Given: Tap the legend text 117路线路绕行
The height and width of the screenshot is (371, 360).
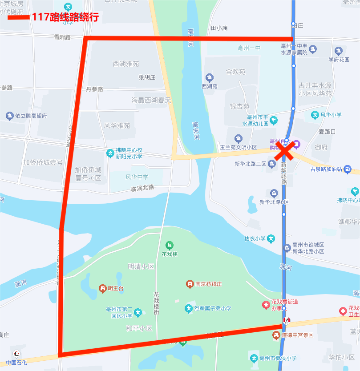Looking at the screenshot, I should pyautogui.click(x=65, y=18).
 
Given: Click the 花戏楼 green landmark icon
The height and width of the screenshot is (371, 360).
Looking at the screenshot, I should pyautogui.click(x=169, y=245).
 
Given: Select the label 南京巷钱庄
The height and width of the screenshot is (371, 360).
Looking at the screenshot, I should pyautogui.click(x=208, y=284).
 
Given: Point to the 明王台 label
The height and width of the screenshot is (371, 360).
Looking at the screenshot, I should pyautogui.click(x=115, y=289).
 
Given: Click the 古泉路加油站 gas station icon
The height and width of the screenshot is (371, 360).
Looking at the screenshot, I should pyautogui.click(x=348, y=169).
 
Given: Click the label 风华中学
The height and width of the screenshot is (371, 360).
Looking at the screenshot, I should pyautogui.click(x=137, y=177).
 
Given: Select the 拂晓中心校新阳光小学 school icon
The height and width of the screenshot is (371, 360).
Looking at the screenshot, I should pyautogui.click(x=110, y=153).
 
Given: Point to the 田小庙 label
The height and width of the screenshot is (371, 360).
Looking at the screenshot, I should pyautogui.click(x=219, y=28).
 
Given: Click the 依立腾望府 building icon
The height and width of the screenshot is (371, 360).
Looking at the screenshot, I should pyautogui.click(x=9, y=116).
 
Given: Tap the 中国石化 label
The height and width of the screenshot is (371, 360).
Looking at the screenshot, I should pyautogui.click(x=16, y=362).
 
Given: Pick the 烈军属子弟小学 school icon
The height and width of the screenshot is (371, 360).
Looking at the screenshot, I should pyautogui.click(x=189, y=308).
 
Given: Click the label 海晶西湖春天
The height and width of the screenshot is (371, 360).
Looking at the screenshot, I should pyautogui.click(x=151, y=100).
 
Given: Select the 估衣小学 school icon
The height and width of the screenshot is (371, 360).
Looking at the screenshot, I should pyautogui.click(x=271, y=238).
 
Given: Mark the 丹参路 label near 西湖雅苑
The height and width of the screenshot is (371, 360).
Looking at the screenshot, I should pyautogui.click(x=94, y=89).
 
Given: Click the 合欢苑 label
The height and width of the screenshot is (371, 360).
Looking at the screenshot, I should pyautogui.click(x=235, y=71).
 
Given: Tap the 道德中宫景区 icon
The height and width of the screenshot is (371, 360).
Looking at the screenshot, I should pyautogui.click(x=276, y=335).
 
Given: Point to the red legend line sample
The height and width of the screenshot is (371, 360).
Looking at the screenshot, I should pyautogui.click(x=18, y=18).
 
